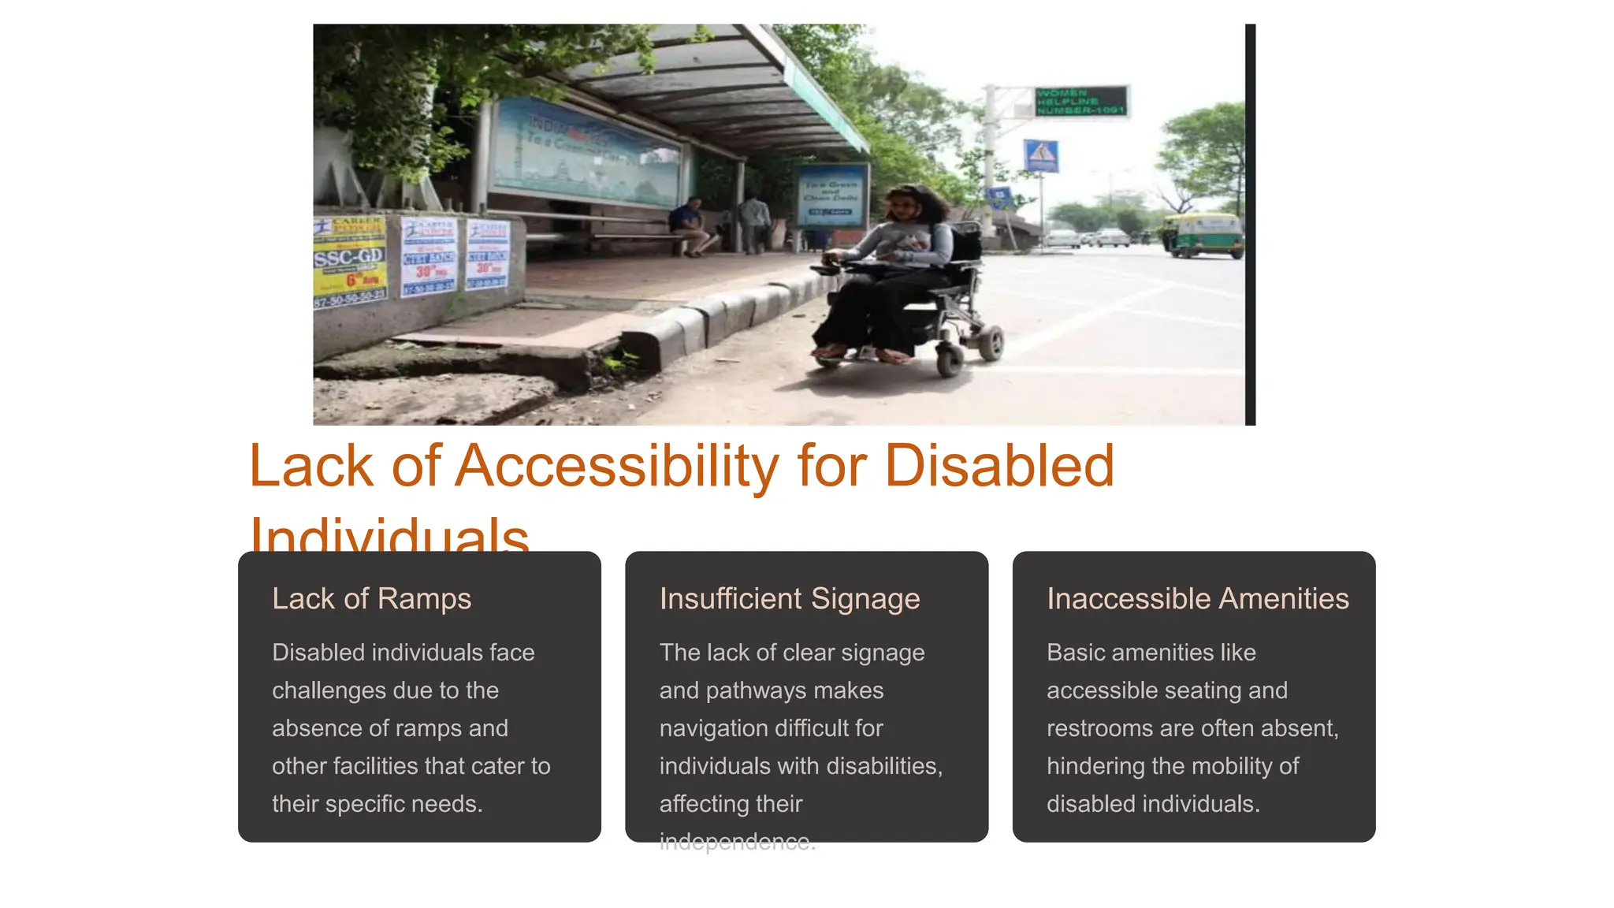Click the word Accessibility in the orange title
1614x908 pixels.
pos(617,466)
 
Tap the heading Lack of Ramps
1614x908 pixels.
pos(371,599)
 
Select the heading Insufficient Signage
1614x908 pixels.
pos(789,599)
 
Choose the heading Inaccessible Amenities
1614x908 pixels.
pos(1197,599)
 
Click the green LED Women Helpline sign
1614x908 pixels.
pos(1080,102)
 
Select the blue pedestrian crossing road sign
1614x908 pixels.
pos(1040,156)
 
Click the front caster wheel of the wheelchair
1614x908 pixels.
pos(949,359)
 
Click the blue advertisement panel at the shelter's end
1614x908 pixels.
pos(831,195)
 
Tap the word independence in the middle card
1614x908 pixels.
pos(736,842)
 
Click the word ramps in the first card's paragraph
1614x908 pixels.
pos(429,728)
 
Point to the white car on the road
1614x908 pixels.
pos(1112,237)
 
